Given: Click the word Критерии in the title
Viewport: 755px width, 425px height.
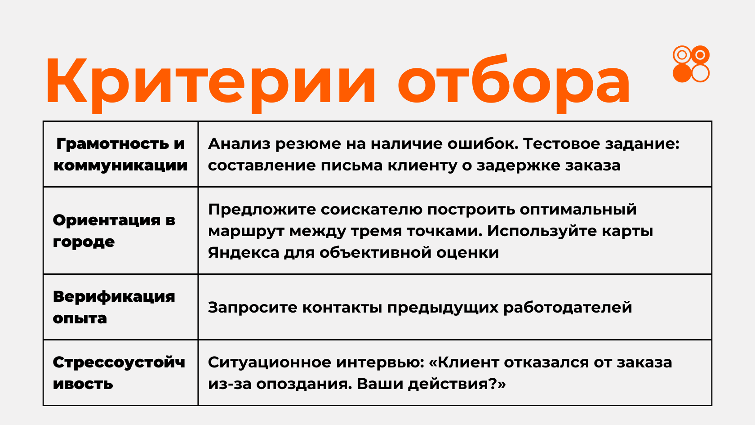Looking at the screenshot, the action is coord(211,83).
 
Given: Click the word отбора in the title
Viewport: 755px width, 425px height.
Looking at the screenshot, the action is coord(514,83).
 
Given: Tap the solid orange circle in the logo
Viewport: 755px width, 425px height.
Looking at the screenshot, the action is coord(682,73).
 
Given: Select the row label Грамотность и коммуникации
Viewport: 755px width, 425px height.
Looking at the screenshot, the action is coord(120,155).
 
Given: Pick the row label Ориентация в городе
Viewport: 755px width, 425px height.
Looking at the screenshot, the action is coord(114,231).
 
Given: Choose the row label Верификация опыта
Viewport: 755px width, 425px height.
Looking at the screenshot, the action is coord(114,307).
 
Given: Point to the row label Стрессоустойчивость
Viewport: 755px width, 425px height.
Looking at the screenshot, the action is coord(119,373).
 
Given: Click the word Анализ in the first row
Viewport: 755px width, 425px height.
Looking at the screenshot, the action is coord(239,144).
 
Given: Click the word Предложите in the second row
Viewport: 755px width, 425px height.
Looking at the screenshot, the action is coord(262,210).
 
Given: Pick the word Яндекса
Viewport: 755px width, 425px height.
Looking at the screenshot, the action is coord(244,253).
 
